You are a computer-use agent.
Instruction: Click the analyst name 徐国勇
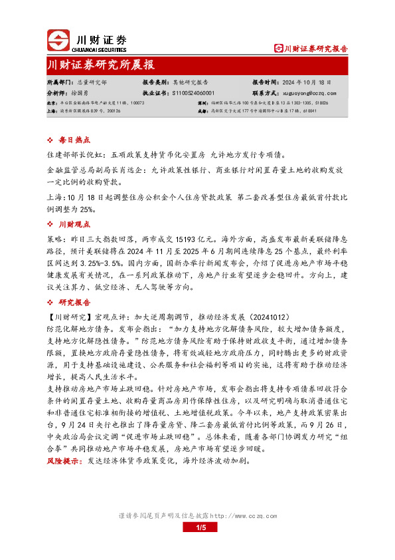(86, 93)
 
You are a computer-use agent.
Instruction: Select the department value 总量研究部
(92, 81)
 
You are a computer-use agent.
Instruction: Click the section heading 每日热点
(74, 141)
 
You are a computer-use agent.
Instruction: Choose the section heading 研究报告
(74, 301)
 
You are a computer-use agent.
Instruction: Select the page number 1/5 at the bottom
(202, 527)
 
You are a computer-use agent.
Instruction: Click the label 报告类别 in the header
(154, 81)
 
